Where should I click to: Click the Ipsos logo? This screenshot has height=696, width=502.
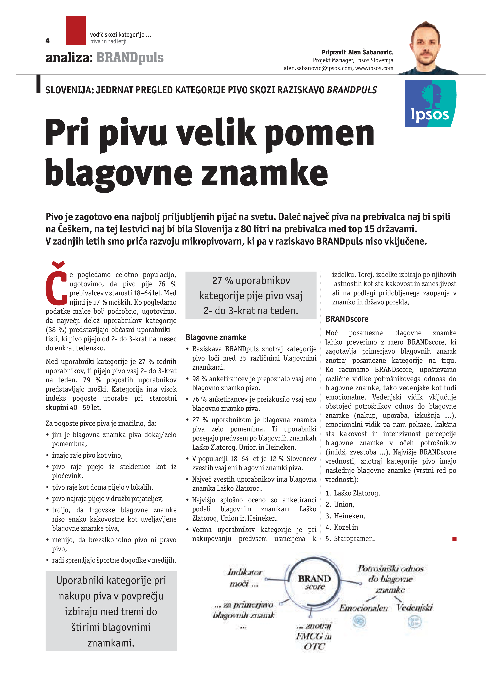tap(430, 104)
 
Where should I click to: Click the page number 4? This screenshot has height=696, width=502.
tap(47, 41)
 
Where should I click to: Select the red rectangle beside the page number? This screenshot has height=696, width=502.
tap(75, 30)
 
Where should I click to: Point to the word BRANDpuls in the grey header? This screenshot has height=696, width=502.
tap(130, 58)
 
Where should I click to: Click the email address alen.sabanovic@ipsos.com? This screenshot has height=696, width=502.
tap(317, 68)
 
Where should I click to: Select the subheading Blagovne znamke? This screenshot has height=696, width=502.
tap(216, 337)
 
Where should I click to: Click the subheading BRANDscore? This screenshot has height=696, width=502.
tap(347, 319)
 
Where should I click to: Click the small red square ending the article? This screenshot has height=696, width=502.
tap(454, 539)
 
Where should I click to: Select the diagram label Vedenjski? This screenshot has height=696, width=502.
tap(414, 607)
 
